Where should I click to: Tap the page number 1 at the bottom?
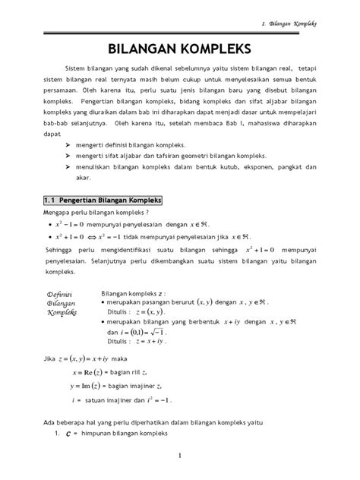point(180,456)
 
